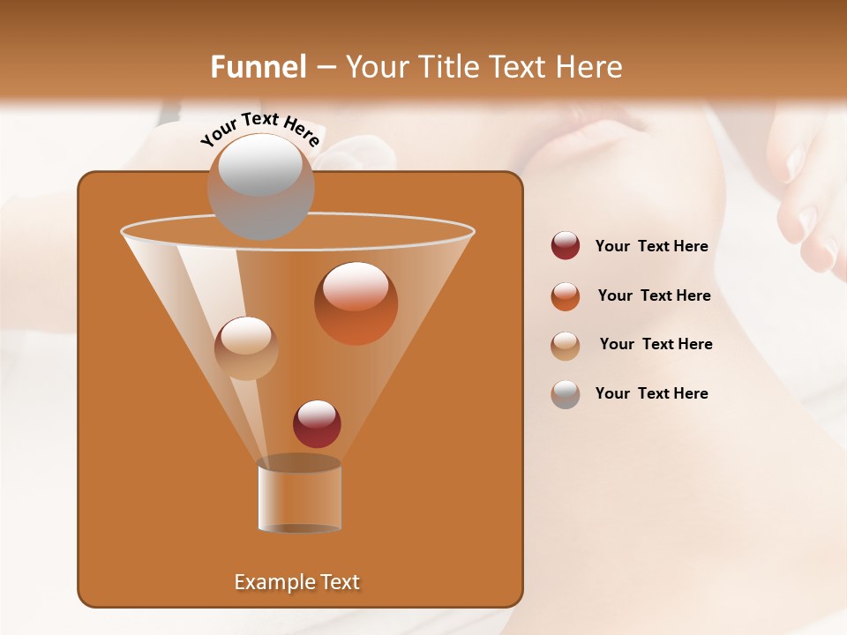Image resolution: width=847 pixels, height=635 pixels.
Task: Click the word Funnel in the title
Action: tap(259, 67)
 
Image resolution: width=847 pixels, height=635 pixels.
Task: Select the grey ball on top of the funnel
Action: tap(260, 186)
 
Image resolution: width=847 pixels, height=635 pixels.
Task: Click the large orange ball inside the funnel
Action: tap(356, 303)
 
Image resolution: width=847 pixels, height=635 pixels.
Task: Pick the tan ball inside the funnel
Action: tap(246, 348)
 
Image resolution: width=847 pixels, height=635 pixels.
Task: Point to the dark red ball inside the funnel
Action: tap(317, 423)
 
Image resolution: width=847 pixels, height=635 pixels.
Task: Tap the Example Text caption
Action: tap(297, 582)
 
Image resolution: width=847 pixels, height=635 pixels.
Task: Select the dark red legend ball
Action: tap(566, 245)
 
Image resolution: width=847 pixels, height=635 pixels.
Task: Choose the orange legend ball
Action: tap(566, 296)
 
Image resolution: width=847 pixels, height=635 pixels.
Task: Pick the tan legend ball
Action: tap(566, 346)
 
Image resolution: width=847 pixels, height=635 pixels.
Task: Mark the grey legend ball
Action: tap(566, 394)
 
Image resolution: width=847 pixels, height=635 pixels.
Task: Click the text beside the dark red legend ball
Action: tap(651, 247)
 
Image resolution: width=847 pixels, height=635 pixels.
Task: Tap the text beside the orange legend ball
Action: tap(654, 296)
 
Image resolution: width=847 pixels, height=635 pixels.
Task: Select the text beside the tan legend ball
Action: tap(656, 345)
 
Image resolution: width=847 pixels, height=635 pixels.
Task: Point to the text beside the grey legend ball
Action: tap(651, 394)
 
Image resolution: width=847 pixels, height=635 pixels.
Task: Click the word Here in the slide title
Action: tap(588, 67)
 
